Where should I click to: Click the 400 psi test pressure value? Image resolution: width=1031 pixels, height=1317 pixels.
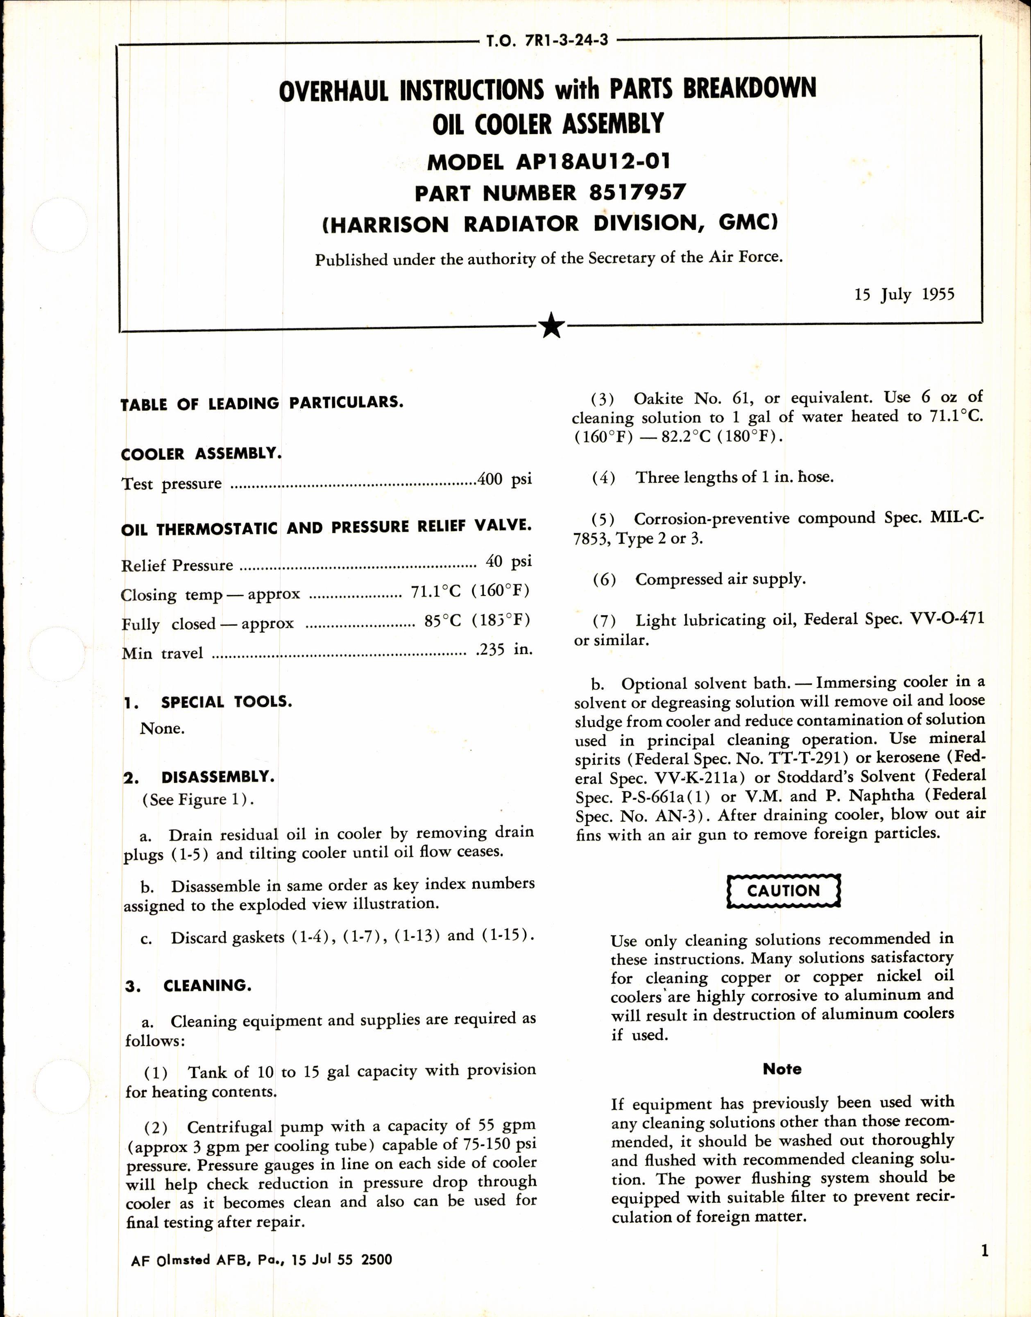click(504, 480)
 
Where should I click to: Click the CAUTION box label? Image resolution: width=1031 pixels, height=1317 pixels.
click(783, 891)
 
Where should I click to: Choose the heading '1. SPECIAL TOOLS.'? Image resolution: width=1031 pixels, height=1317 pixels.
click(208, 702)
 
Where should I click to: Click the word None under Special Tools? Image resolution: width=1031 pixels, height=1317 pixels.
click(162, 728)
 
